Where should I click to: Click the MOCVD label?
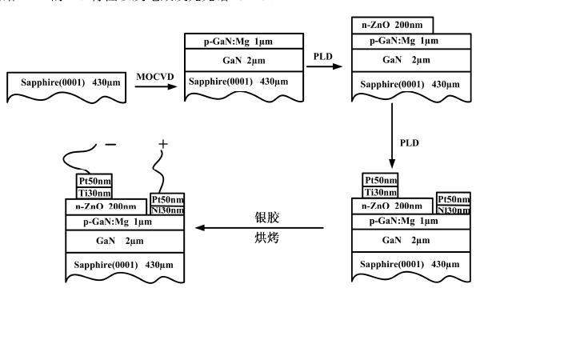[x=154, y=76]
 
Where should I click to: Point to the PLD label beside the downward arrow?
[x=410, y=143]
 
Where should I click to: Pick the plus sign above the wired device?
[x=163, y=144]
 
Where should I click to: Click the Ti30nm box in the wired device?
[x=94, y=192]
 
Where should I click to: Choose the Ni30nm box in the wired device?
[x=167, y=210]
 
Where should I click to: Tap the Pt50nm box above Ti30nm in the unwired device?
[x=380, y=180]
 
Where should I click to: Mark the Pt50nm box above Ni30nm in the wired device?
[x=167, y=199]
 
